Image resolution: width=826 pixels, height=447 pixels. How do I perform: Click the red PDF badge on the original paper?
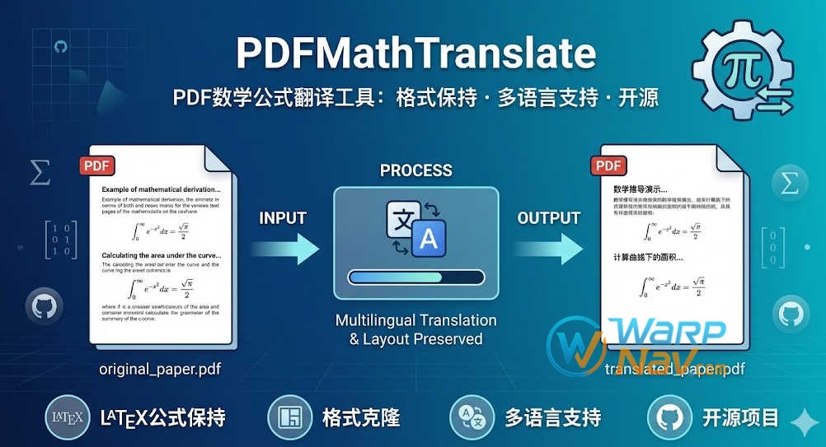(x=98, y=165)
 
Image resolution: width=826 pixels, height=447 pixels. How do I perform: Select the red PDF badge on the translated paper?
(x=608, y=165)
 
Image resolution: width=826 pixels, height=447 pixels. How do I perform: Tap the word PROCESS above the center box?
(x=415, y=171)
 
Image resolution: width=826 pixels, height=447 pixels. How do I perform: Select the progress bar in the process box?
(x=415, y=277)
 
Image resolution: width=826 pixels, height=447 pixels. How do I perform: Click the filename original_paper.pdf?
(x=160, y=368)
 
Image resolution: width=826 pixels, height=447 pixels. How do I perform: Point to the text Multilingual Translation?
(x=415, y=319)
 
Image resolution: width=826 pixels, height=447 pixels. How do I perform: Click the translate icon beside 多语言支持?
(x=472, y=417)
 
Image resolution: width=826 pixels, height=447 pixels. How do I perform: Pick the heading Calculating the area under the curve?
(x=161, y=255)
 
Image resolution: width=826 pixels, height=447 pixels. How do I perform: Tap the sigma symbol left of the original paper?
(x=39, y=173)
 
